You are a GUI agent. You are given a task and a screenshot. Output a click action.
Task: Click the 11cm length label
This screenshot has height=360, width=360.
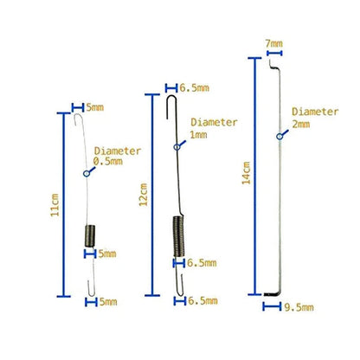point(55,205)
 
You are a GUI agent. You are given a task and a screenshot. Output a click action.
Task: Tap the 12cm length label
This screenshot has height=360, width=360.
point(143,195)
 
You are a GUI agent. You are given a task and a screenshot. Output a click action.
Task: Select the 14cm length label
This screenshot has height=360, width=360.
point(246,173)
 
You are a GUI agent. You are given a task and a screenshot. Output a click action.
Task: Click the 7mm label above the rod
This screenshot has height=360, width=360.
point(274,44)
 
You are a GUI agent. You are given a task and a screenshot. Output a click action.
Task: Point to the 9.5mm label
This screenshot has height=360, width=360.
point(299,307)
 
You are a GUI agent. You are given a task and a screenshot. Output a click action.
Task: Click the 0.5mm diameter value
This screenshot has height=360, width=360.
point(108,162)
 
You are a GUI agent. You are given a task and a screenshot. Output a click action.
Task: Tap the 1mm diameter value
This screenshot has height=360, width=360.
point(198,135)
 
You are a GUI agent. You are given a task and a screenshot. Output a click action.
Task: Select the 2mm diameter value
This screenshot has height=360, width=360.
point(301,125)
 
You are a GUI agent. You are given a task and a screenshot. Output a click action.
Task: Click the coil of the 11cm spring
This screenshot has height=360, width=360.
point(90,235)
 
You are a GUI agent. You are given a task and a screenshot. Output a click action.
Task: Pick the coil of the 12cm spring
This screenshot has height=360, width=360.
point(178,236)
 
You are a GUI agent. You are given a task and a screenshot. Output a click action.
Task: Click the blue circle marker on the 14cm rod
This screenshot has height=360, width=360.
point(280,137)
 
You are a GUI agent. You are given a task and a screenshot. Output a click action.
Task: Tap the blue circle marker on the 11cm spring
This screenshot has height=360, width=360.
point(87,173)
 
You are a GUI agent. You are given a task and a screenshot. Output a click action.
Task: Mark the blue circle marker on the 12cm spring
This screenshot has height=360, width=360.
point(177,147)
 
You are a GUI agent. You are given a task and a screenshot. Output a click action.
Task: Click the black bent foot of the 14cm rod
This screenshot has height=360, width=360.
point(271,294)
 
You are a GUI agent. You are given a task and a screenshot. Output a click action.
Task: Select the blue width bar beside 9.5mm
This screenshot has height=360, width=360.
point(272,306)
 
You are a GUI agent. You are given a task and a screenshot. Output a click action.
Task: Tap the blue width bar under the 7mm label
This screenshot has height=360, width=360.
point(274,53)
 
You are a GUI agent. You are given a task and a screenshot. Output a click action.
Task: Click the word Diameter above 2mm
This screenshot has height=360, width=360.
point(315,112)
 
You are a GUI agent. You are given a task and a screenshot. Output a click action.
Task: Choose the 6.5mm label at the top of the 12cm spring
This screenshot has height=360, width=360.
point(195,88)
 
